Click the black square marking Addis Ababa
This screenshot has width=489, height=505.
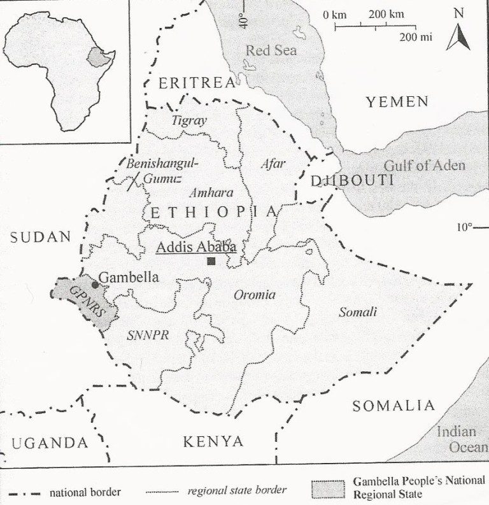(x=211, y=260)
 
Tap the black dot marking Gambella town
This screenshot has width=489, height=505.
(x=95, y=285)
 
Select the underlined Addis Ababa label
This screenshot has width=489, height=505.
(x=196, y=246)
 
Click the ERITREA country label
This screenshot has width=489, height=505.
(x=188, y=82)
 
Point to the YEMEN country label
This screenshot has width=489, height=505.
(x=397, y=101)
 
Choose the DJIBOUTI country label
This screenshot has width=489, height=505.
(x=351, y=181)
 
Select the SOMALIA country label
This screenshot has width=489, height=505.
(x=393, y=406)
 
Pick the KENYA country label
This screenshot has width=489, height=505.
(x=213, y=441)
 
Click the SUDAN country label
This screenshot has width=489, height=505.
(x=40, y=237)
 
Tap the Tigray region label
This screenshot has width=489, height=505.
(x=189, y=120)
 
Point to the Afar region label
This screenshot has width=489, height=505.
(x=273, y=163)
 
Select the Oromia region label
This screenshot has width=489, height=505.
(x=255, y=294)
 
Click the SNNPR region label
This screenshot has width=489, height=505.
(x=148, y=336)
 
